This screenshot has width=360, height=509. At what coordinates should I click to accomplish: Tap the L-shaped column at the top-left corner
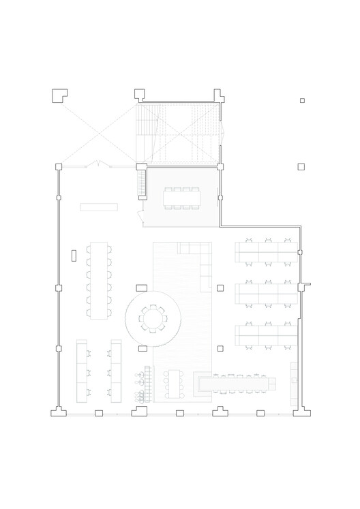(x=59, y=95)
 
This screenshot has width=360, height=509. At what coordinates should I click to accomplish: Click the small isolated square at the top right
(x=302, y=101)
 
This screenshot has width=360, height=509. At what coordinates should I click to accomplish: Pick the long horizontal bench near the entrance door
(x=99, y=206)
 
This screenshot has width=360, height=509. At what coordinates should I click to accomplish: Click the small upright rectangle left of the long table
(x=74, y=256)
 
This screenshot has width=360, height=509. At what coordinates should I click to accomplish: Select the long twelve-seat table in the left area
(x=99, y=279)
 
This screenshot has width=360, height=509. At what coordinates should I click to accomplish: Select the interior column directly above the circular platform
(x=142, y=288)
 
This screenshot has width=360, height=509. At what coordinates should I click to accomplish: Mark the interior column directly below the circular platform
(x=142, y=349)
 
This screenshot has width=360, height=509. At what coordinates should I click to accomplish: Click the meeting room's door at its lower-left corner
(x=140, y=217)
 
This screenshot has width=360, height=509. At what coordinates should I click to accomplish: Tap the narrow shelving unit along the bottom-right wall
(x=294, y=381)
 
